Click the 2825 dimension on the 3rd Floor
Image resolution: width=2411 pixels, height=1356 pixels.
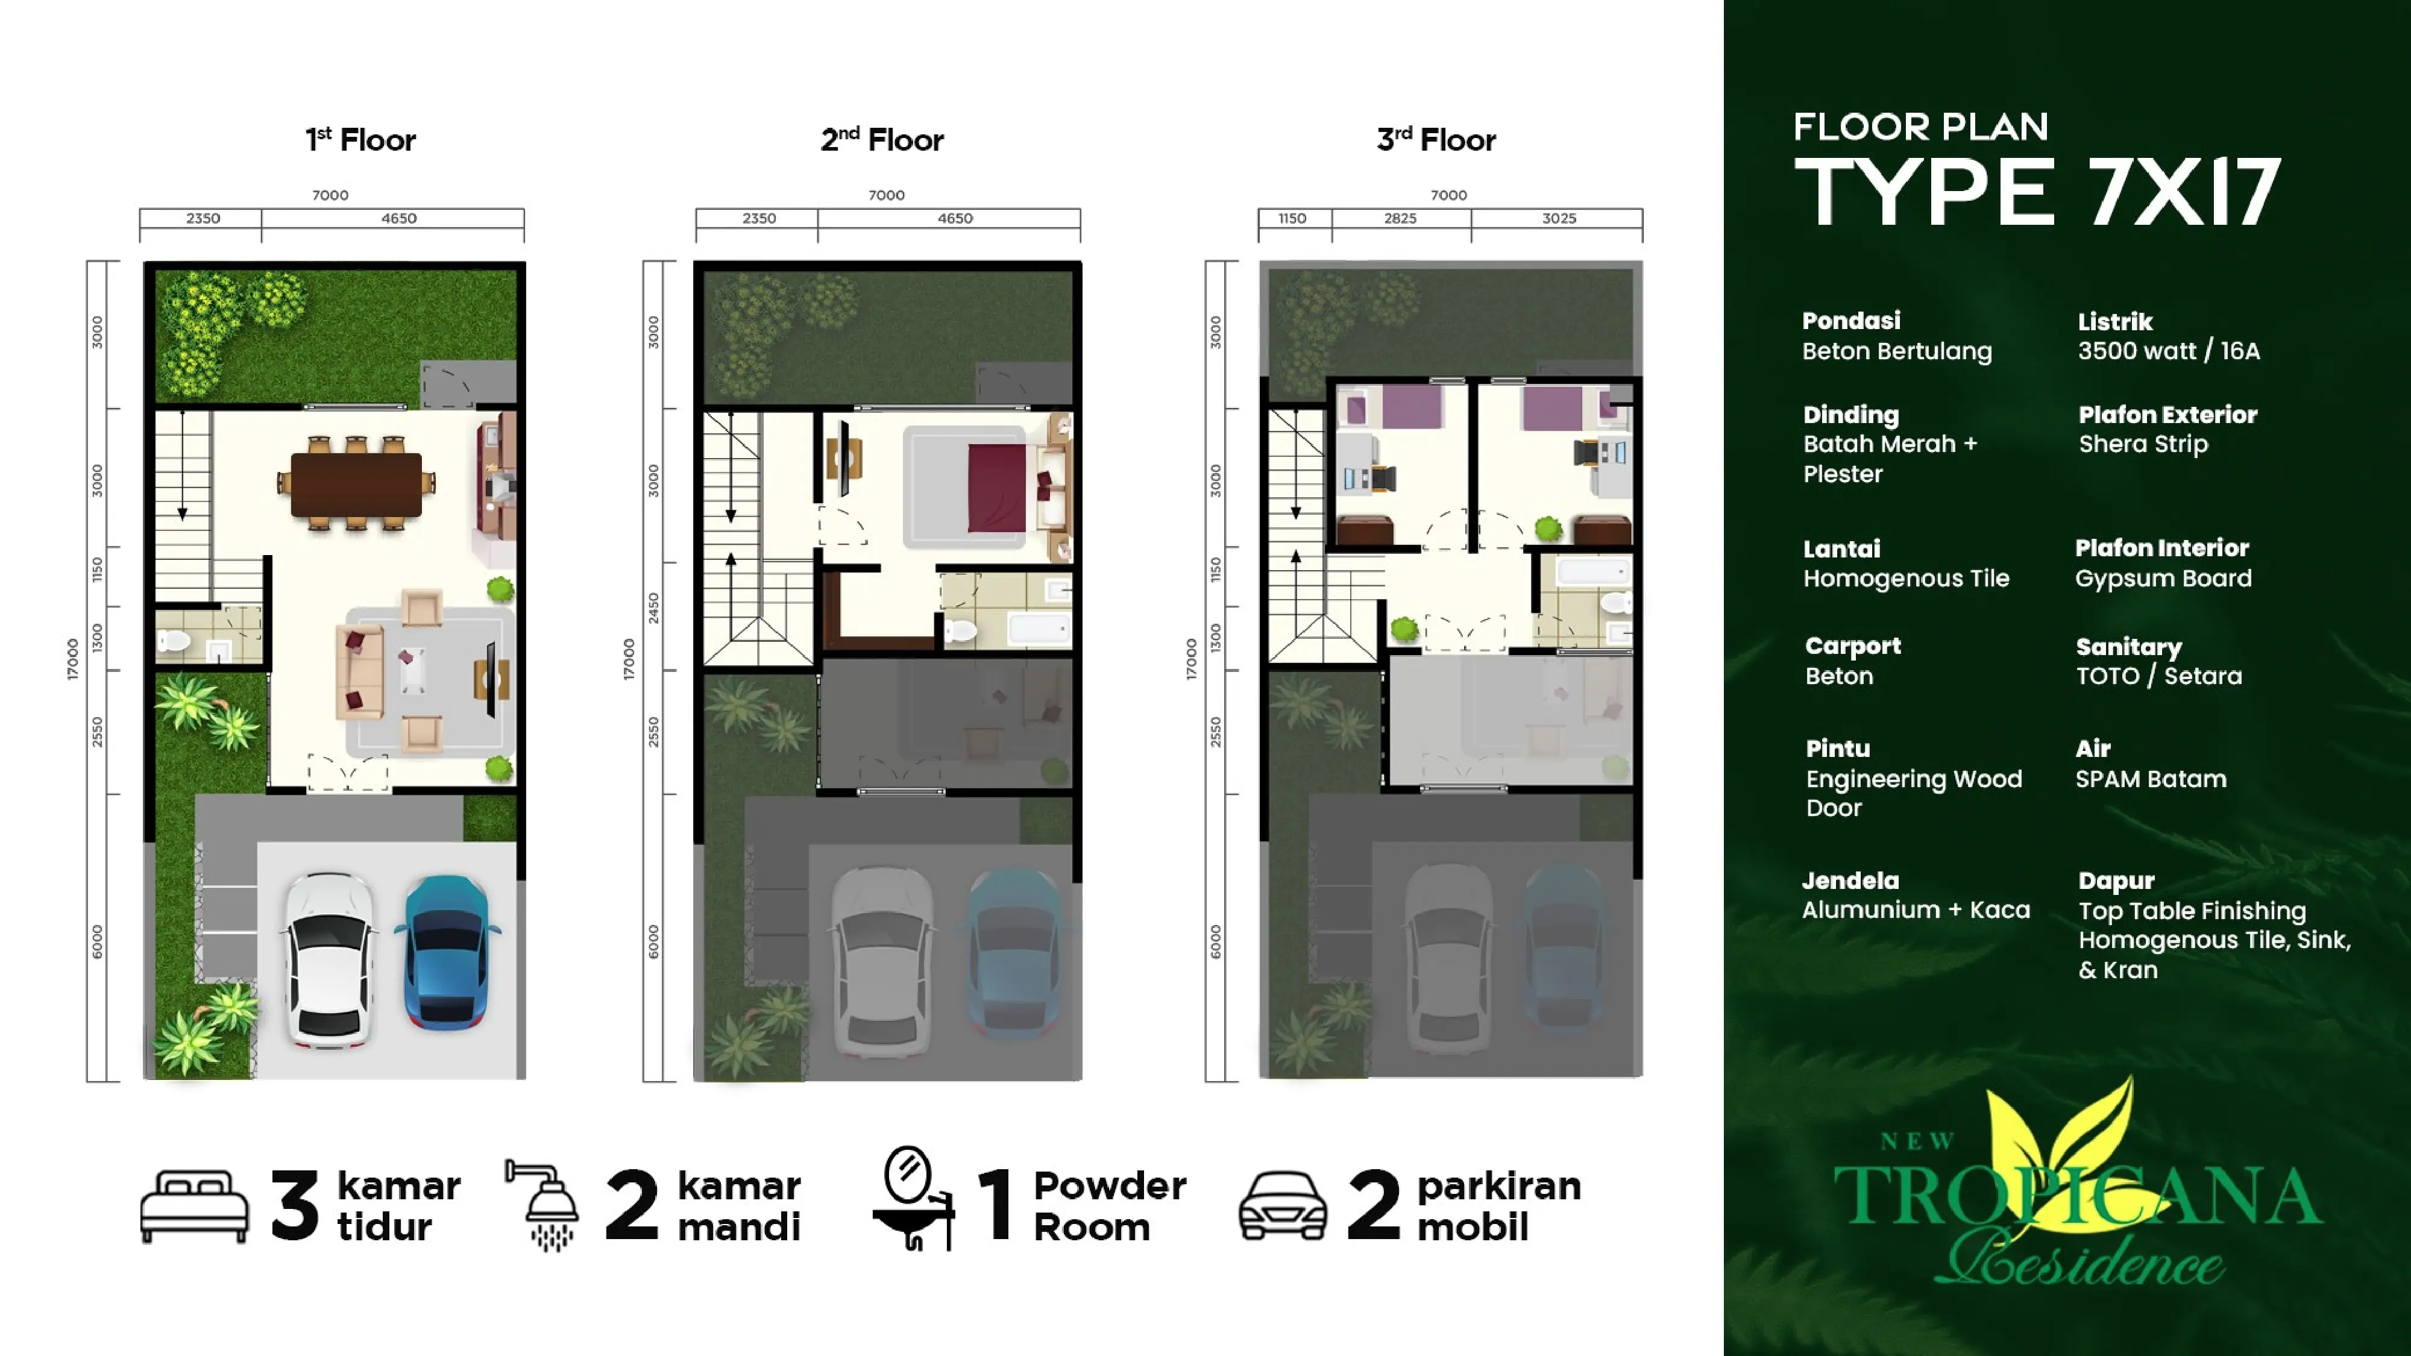tap(1400, 219)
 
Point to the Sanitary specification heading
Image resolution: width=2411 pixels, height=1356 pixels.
tap(2128, 647)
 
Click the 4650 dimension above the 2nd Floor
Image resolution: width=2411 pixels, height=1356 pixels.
tap(955, 219)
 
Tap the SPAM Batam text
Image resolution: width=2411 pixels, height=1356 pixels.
tap(2151, 779)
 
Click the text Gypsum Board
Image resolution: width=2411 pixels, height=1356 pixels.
tap(2163, 579)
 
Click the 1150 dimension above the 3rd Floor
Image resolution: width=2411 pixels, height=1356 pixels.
tap(1292, 219)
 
